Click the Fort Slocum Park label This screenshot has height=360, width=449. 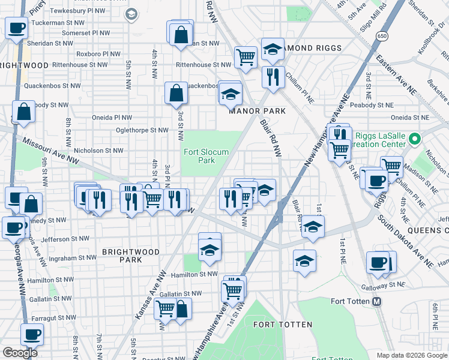coord(206,156)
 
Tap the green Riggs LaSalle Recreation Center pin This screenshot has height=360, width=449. coord(414,140)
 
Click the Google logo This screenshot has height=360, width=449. coord(20,353)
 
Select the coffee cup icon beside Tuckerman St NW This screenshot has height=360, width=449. coord(16,28)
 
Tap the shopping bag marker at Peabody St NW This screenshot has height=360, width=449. coord(23,112)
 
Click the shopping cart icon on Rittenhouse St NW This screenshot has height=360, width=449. coord(246,57)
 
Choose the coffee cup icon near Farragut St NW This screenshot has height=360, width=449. coord(32,334)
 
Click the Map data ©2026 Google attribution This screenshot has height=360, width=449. coord(412,355)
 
